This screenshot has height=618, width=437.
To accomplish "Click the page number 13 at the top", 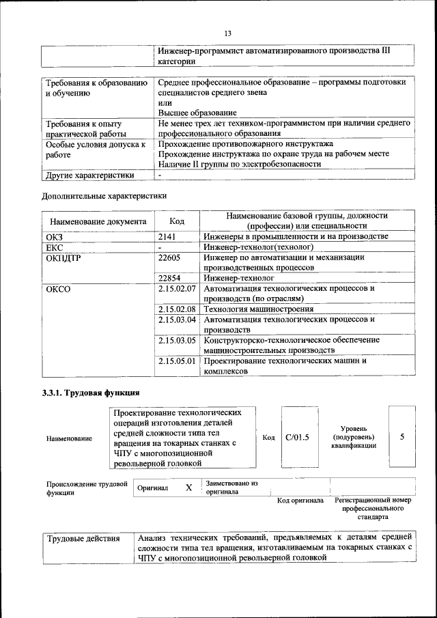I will click(x=227, y=32).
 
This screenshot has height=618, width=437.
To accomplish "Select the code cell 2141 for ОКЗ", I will click(x=167, y=236).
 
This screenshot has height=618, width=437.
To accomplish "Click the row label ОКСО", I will click(x=58, y=289).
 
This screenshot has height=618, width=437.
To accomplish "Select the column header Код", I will click(x=177, y=221).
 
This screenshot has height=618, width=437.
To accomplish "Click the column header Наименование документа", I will click(x=96, y=221).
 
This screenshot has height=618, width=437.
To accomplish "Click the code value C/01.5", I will click(x=297, y=438).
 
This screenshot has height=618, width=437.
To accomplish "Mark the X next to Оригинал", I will click(x=188, y=488).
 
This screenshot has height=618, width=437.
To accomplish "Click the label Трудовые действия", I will click(x=83, y=539).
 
